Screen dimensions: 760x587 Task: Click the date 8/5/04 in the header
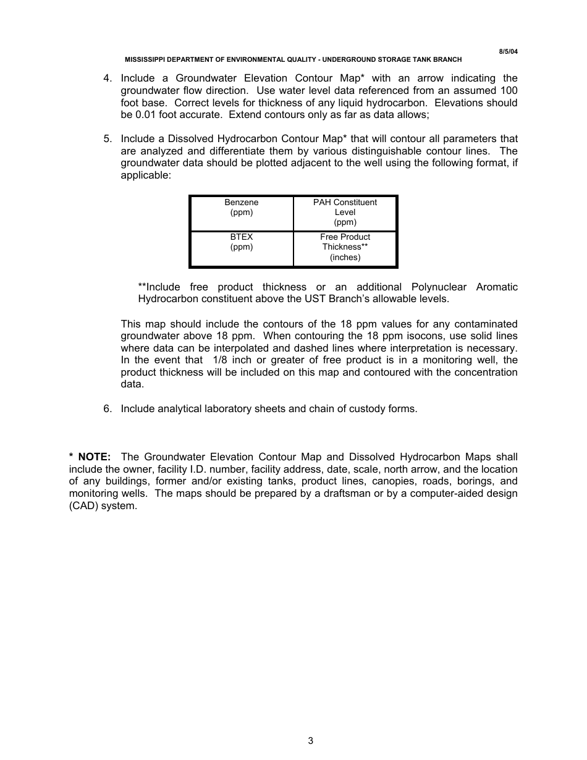508,51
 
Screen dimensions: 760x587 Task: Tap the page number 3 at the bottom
311,741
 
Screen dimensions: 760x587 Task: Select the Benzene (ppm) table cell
242,213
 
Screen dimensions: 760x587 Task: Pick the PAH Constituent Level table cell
345,213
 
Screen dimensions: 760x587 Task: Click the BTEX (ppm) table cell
242,248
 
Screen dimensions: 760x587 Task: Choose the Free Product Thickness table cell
345,248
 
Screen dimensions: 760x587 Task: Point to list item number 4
108,78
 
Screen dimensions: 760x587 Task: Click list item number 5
108,139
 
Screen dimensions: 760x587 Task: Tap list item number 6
108,409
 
